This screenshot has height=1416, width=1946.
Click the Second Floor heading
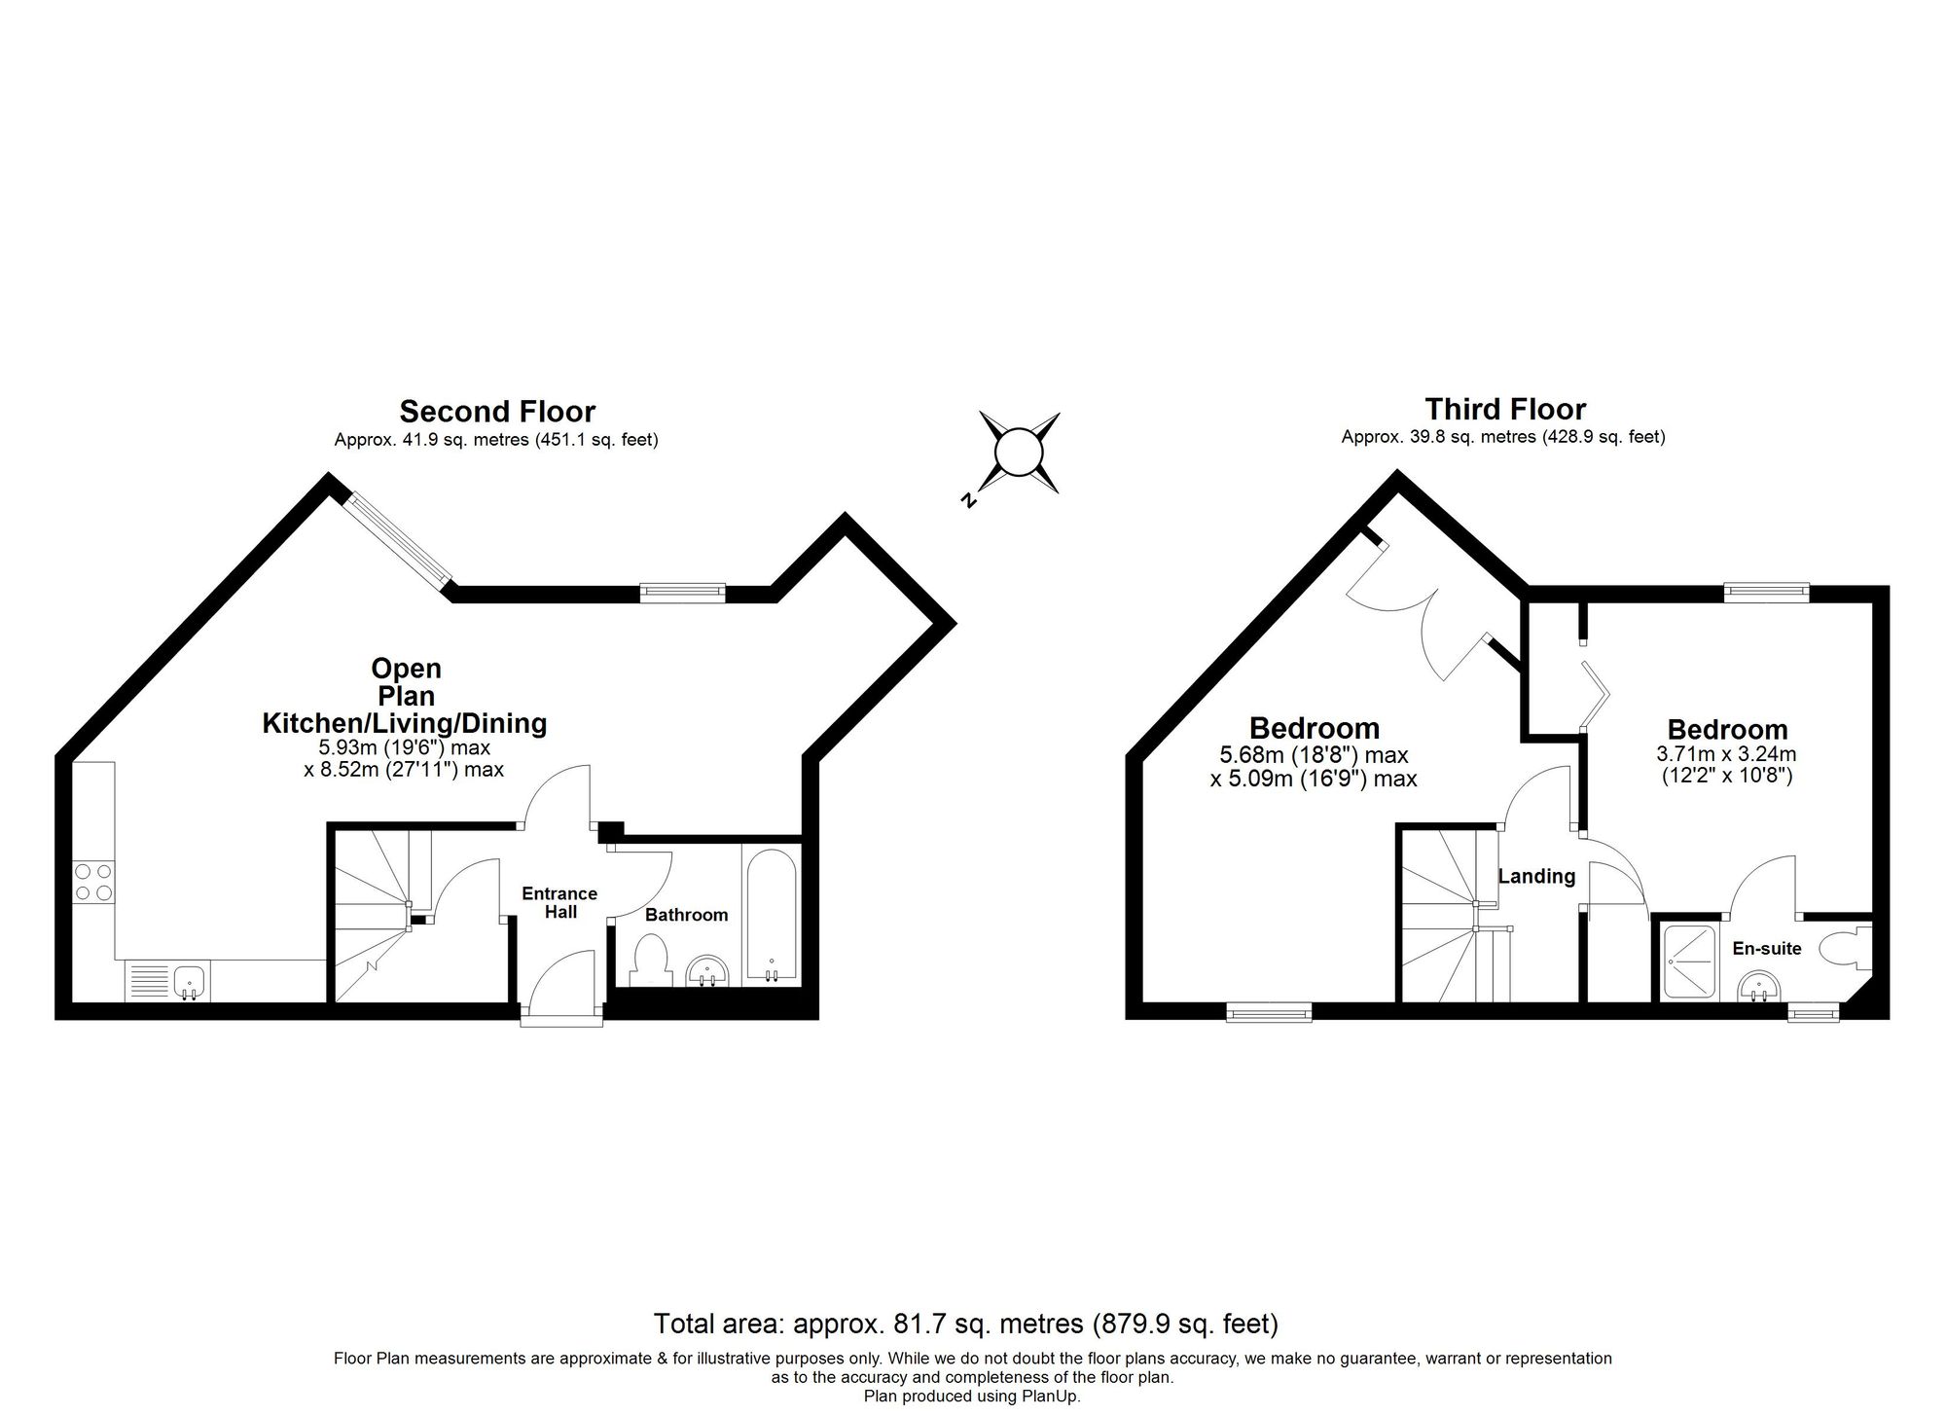click(x=497, y=412)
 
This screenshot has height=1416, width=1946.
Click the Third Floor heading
click(x=1504, y=409)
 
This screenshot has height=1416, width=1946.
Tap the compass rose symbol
click(x=1019, y=453)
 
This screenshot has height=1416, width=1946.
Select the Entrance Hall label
click(x=559, y=902)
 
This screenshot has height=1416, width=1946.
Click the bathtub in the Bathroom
click(x=771, y=914)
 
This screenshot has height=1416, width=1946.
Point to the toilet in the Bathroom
click(x=649, y=959)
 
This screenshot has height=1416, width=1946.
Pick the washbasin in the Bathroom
click(x=707, y=970)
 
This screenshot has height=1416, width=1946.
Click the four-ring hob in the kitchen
click(x=93, y=882)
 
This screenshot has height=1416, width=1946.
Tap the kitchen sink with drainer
click(x=165, y=980)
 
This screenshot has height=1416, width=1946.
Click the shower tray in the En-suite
click(x=1691, y=962)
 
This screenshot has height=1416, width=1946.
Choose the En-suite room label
click(x=1766, y=948)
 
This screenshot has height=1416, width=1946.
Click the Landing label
click(x=1536, y=876)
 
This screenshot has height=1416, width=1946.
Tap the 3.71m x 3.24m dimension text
click(x=1726, y=753)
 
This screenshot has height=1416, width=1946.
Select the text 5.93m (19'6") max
click(x=405, y=747)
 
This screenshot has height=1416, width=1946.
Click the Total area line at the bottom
click(x=965, y=1324)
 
